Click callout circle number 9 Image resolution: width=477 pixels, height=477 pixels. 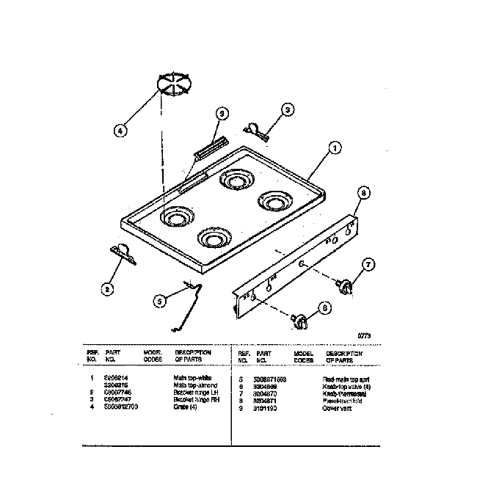(x=219, y=113)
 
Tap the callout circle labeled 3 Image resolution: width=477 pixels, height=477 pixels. (x=287, y=110)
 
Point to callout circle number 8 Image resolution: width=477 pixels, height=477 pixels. (x=363, y=193)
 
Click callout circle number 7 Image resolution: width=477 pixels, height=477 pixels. (x=369, y=264)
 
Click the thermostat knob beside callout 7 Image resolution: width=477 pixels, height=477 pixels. (x=343, y=285)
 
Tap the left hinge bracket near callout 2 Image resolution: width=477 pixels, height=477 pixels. (x=123, y=253)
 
